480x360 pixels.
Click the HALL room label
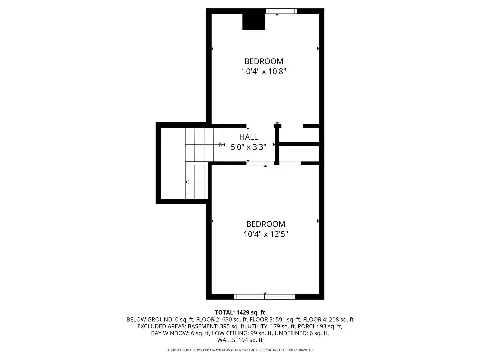(248, 137)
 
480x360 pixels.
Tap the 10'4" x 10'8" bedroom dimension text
(264, 71)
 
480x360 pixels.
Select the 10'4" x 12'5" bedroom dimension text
(266, 234)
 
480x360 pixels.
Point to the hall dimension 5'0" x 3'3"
(248, 147)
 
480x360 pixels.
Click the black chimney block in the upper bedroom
(254, 22)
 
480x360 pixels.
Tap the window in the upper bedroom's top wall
(281, 11)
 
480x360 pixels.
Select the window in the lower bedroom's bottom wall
(265, 297)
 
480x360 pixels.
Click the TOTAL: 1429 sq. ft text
(240, 313)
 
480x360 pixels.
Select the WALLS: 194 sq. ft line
(240, 340)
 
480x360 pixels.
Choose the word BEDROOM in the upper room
(264, 61)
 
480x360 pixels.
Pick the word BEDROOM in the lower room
(266, 224)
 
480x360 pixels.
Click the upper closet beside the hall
(299, 135)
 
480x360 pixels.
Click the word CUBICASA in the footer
(208, 350)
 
